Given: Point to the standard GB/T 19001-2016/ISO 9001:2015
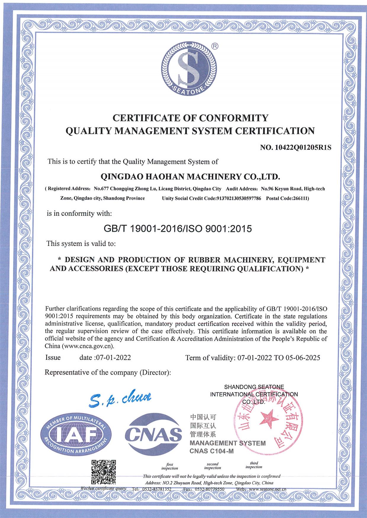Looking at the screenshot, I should click(178, 229).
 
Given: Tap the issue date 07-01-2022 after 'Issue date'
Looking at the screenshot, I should click(113, 357).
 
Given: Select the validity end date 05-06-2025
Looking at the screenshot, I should click(303, 358).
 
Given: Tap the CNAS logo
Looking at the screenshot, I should click(153, 434).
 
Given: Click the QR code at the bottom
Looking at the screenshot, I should click(103, 472).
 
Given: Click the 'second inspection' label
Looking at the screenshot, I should click(213, 466).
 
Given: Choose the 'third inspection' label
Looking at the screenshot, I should click(254, 465).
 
